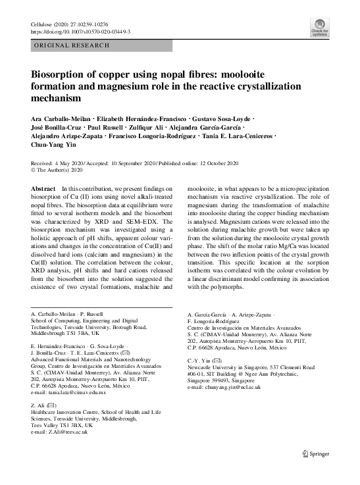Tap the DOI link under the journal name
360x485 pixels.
tap(81, 31)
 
